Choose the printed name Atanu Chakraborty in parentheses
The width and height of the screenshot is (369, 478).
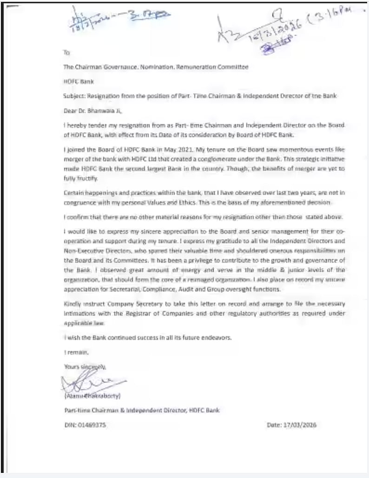tap(93, 396)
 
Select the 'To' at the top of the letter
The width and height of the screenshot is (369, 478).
tap(66, 53)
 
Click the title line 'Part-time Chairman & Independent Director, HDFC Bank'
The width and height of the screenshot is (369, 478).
tap(142, 410)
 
